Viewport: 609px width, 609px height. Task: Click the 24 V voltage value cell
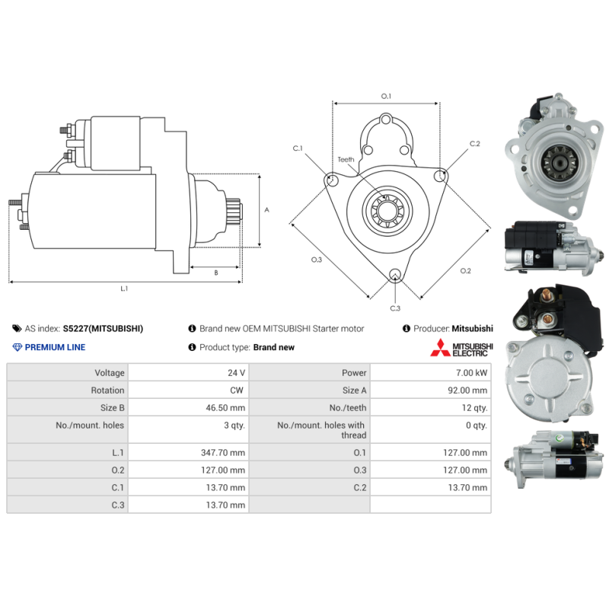(x=237, y=373)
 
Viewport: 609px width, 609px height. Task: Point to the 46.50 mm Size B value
(x=227, y=408)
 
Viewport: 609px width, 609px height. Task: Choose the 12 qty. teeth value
(x=473, y=408)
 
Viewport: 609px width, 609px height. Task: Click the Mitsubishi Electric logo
(x=462, y=349)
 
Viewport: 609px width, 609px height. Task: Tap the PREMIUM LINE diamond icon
(x=18, y=347)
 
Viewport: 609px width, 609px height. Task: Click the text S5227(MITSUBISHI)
(x=103, y=329)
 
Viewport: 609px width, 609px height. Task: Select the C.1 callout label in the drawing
(x=298, y=148)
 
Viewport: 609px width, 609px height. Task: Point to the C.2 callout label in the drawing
(x=475, y=143)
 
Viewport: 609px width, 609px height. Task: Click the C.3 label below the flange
(x=395, y=308)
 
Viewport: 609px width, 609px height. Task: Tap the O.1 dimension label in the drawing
(x=386, y=96)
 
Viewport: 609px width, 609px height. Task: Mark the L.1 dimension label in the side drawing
(x=124, y=289)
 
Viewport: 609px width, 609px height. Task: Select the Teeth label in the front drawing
(x=346, y=159)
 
